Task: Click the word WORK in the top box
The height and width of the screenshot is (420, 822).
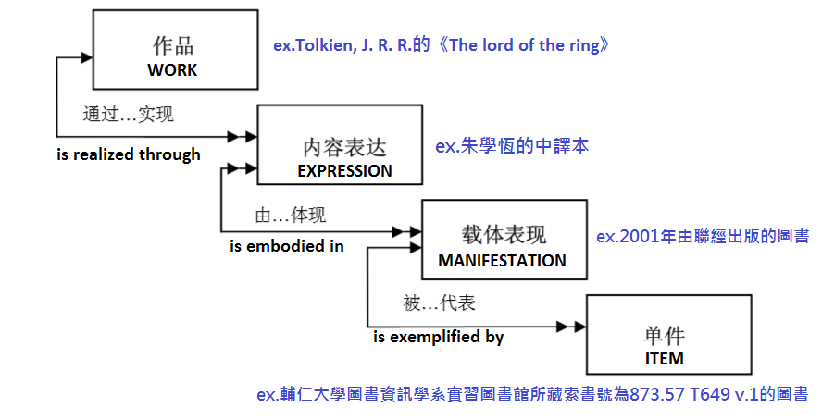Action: click(173, 69)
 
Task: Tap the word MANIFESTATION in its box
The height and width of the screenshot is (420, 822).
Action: click(502, 260)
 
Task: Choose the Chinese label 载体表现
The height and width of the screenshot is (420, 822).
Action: click(502, 236)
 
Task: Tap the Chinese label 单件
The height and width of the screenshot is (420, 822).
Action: click(664, 335)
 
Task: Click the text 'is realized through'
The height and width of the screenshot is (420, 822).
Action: click(129, 154)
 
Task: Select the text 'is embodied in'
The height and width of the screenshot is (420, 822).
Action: click(287, 245)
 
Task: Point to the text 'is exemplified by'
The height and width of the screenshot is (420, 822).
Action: click(439, 337)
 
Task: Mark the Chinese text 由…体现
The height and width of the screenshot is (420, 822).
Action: click(290, 216)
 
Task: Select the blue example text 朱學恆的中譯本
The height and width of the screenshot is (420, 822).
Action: click(512, 146)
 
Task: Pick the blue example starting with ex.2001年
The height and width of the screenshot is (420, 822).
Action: click(703, 236)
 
